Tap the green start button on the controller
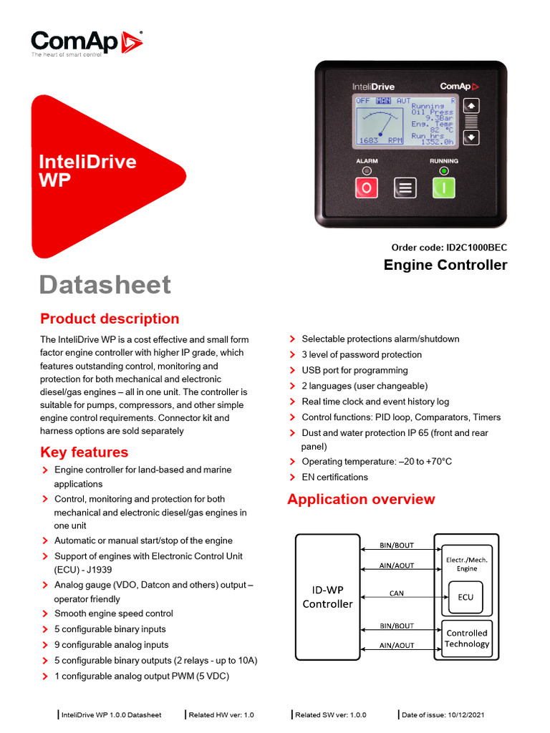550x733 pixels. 443,188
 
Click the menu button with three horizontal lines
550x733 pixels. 405,188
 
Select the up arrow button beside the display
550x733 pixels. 471,106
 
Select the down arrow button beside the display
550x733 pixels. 471,137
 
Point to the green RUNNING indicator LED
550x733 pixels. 444,171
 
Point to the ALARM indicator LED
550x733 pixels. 367,171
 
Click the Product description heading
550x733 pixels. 110,319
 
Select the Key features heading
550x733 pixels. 85,452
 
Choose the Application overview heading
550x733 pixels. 361,499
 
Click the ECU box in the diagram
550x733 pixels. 465,597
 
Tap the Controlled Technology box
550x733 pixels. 467,639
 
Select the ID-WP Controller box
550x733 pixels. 327,597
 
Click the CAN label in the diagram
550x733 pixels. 396,593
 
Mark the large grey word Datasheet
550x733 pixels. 105,284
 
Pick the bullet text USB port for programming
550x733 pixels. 354,370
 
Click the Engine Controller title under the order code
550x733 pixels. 445,266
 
